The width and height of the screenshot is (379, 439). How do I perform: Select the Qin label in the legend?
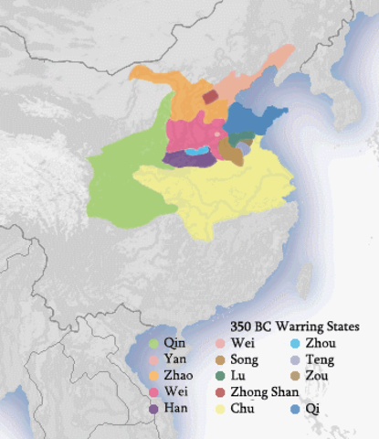173,343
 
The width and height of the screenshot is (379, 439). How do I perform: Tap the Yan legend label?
174,359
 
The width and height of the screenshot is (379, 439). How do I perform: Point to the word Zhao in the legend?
177,375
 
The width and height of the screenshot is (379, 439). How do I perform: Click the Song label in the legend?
244,359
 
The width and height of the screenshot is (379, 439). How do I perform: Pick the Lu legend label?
237,375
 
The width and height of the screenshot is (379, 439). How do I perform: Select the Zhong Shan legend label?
264,391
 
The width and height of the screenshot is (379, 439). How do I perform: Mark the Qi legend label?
312,408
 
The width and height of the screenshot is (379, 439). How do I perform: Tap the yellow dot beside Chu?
218,408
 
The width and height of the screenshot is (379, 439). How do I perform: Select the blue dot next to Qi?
294,408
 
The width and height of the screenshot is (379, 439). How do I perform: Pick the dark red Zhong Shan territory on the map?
211,96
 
